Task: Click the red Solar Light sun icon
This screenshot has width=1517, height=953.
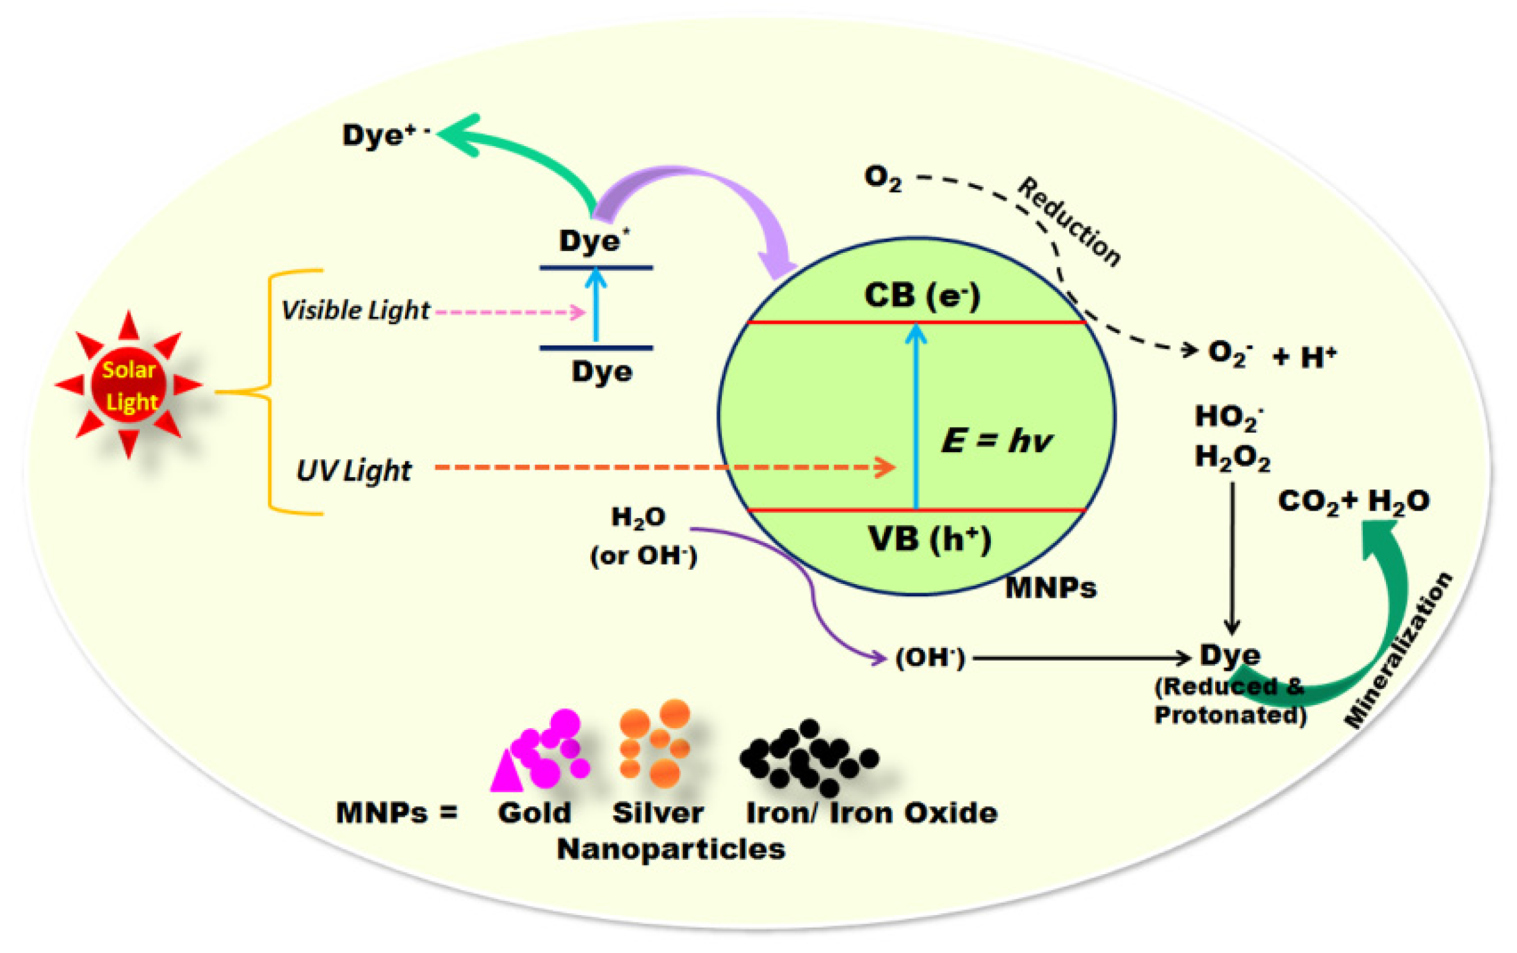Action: (129, 385)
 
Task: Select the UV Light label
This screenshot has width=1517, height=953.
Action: (353, 470)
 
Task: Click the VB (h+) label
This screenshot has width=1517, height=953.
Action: (929, 539)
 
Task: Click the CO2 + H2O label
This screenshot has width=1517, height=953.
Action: (1353, 501)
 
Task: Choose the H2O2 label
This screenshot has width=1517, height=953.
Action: (1232, 457)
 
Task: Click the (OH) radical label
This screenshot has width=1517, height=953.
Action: (930, 659)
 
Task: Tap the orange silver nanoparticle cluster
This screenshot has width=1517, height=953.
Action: (655, 743)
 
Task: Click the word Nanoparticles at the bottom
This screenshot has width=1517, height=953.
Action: (671, 849)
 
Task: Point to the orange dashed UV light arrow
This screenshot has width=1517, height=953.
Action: (662, 467)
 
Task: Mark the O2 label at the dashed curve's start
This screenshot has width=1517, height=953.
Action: (883, 178)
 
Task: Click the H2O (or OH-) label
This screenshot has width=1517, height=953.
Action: (642, 537)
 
